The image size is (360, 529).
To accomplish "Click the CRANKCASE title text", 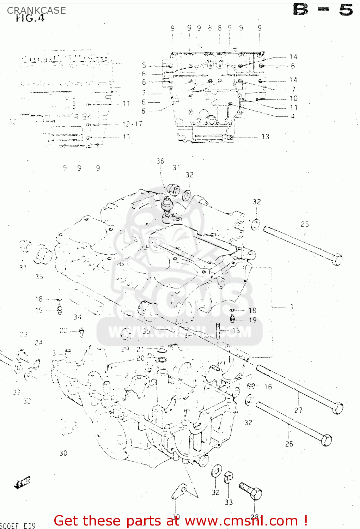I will coord(36,11).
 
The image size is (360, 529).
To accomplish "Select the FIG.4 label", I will coord(30,18).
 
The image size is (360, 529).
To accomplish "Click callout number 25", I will coord(305,224).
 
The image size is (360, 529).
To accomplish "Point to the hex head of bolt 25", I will coord(337,260).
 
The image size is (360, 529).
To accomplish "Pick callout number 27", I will coord(298,410).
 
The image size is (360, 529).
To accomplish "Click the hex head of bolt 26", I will coord(327,440).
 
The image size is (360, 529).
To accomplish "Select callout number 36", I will coord(160,161).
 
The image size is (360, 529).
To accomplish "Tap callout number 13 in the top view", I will coord(266,137).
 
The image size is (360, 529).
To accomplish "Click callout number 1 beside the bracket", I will coord(292,306).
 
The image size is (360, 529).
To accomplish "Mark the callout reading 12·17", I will coord(132,124).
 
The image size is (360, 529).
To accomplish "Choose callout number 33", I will coord(229,502).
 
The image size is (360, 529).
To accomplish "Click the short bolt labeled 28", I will coord(251,491).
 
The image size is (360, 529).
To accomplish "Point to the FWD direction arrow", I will coord(23,482).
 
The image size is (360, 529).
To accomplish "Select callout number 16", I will coord(268,387).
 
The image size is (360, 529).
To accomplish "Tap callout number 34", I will coord(78,317).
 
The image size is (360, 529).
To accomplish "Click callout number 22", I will coord(63,330).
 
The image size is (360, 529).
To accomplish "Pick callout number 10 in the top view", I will coord(294,98).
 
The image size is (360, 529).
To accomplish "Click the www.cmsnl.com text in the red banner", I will coord(242,521).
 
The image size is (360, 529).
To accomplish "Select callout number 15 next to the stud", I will coord(236,330).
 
